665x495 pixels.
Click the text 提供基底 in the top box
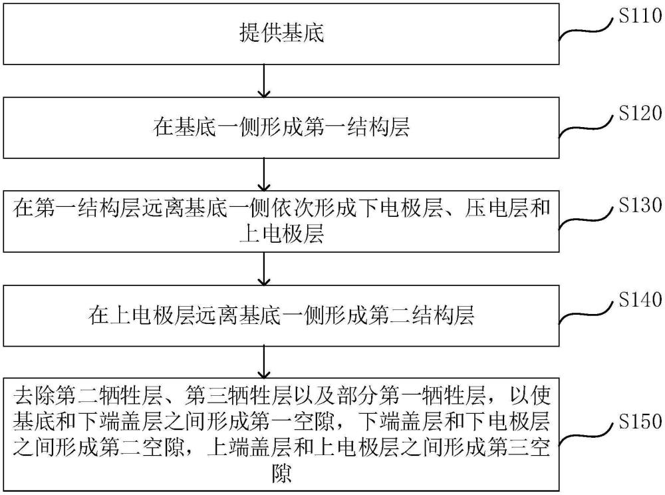pos(281,34)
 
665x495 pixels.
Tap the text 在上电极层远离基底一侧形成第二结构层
pos(281,315)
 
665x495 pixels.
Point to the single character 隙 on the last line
pos(281,475)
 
